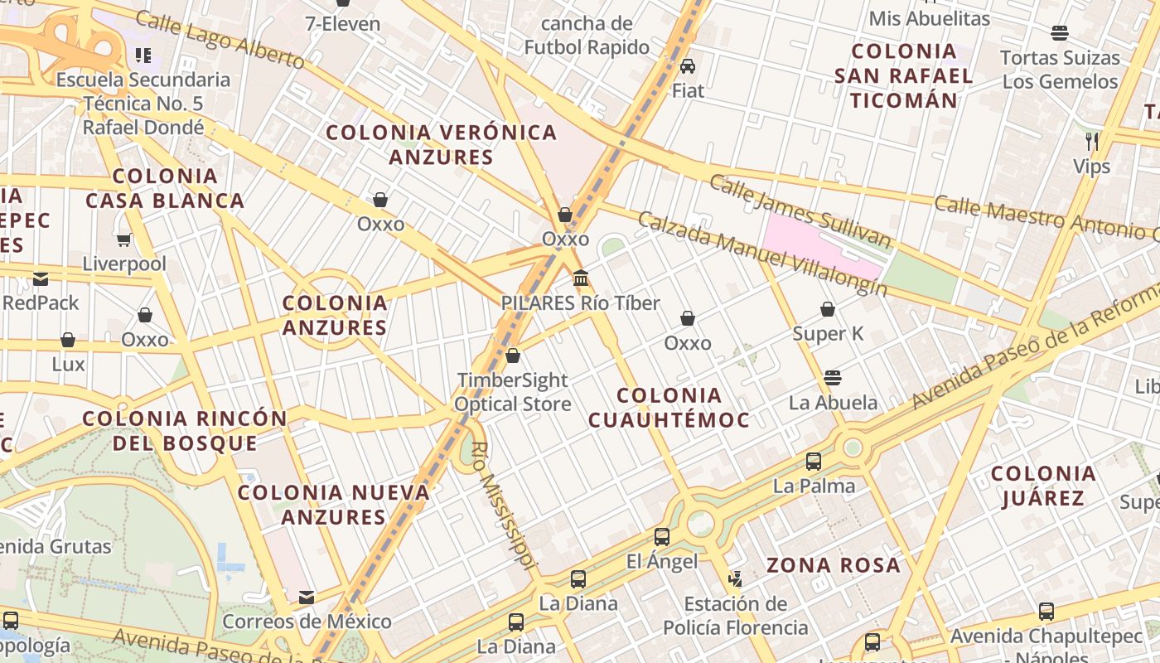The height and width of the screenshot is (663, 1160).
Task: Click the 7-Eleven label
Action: [342, 23]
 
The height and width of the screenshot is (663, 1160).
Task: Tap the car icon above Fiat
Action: [688, 65]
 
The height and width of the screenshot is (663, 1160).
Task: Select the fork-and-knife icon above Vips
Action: [1092, 142]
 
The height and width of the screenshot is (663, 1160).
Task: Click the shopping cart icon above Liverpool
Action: [124, 240]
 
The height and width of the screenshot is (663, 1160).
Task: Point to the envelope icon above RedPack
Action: [41, 278]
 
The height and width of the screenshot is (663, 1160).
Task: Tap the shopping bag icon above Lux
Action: [68, 341]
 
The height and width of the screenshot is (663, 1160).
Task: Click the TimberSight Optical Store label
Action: [513, 392]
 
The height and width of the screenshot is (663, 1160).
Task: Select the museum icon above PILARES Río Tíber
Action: [581, 278]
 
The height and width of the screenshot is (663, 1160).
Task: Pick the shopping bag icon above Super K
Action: [828, 310]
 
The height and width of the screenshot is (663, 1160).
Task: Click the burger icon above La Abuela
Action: [833, 379]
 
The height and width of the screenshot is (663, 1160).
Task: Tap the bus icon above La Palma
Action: [814, 462]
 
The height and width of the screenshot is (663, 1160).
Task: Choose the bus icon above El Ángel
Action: [661, 537]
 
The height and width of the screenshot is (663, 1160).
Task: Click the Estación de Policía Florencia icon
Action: [736, 578]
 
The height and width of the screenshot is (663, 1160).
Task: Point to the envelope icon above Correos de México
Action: [307, 598]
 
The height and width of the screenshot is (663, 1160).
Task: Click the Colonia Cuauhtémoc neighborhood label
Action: [669, 407]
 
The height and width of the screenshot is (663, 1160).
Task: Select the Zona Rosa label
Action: [833, 565]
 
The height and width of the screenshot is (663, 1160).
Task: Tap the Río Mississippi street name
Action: [500, 506]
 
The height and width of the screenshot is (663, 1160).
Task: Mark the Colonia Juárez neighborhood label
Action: [1043, 486]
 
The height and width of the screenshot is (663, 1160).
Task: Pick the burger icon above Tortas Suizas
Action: [1059, 33]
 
